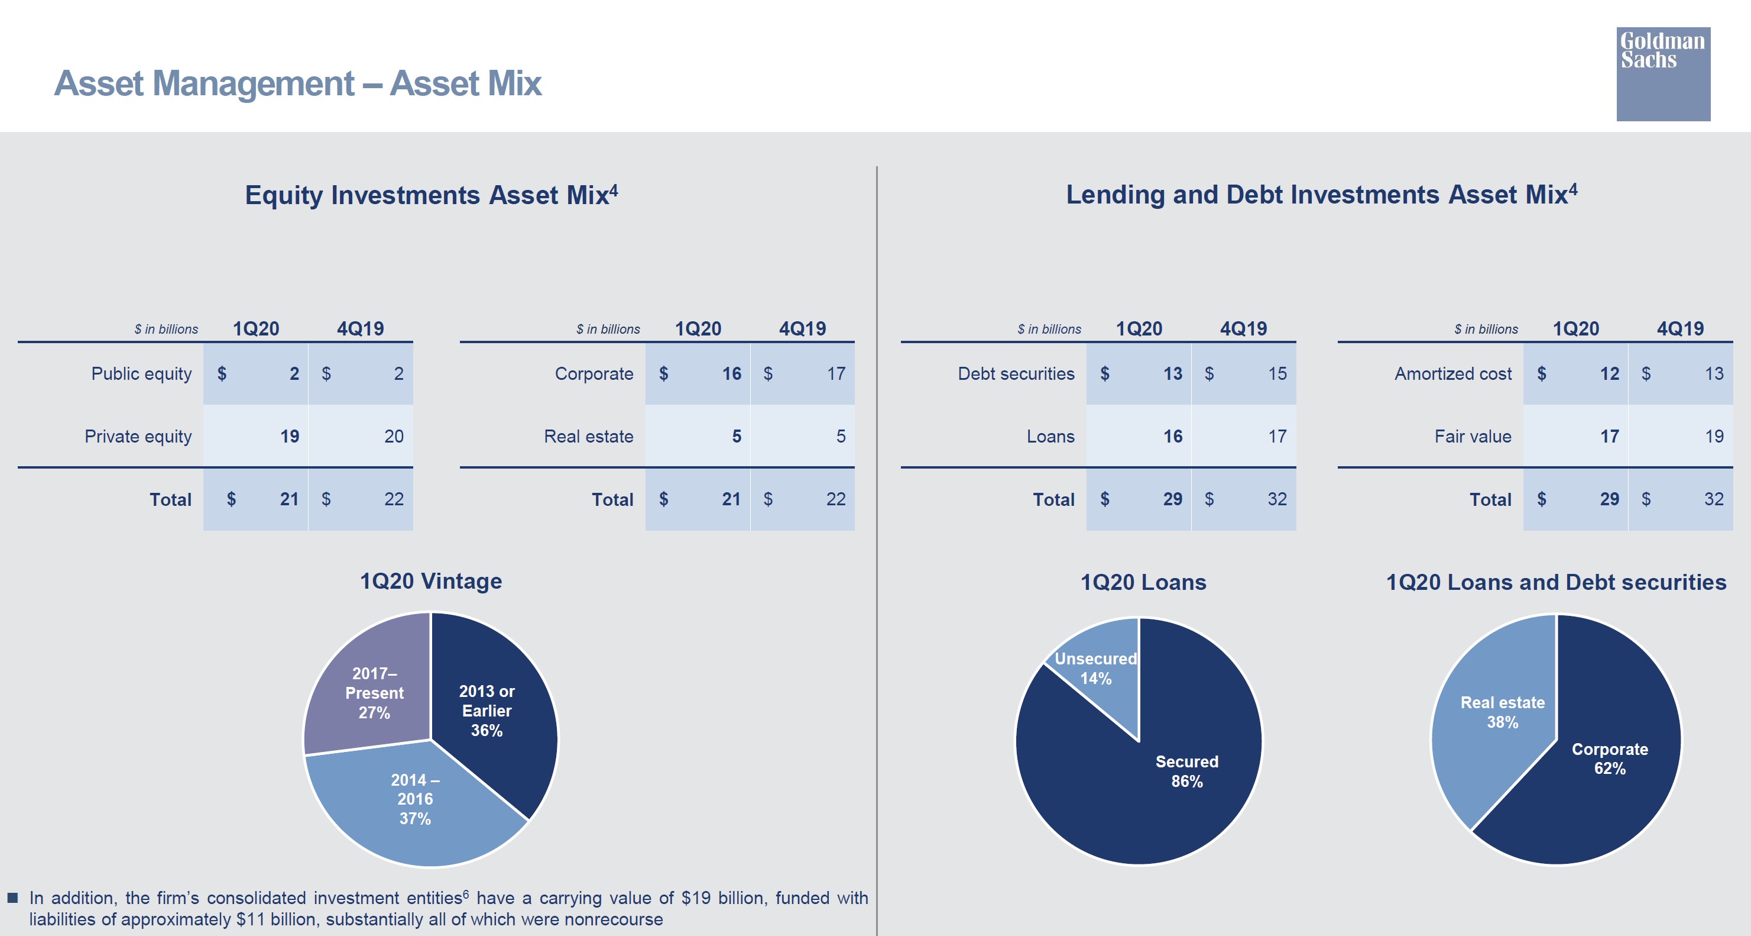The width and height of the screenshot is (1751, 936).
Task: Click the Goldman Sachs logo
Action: pyautogui.click(x=1663, y=73)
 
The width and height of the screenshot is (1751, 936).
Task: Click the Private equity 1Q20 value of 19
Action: pyautogui.click(x=290, y=436)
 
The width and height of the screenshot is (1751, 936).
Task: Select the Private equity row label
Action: pyautogui.click(x=138, y=436)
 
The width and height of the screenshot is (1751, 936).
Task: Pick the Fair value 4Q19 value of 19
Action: pyautogui.click(x=1714, y=436)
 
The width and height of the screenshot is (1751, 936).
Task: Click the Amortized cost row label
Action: pyautogui.click(x=1452, y=373)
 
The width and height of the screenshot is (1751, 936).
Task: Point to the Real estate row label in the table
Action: pyautogui.click(x=588, y=436)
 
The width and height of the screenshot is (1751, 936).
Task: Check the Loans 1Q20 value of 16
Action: pyautogui.click(x=1172, y=436)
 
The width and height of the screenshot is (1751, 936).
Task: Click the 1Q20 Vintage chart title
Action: pyautogui.click(x=431, y=581)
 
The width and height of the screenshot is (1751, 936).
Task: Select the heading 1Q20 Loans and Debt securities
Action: pyautogui.click(x=1556, y=582)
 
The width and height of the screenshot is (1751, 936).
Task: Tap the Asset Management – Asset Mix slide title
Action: pyautogui.click(x=298, y=83)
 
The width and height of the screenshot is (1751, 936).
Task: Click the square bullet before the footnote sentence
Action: pyautogui.click(x=12, y=898)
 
